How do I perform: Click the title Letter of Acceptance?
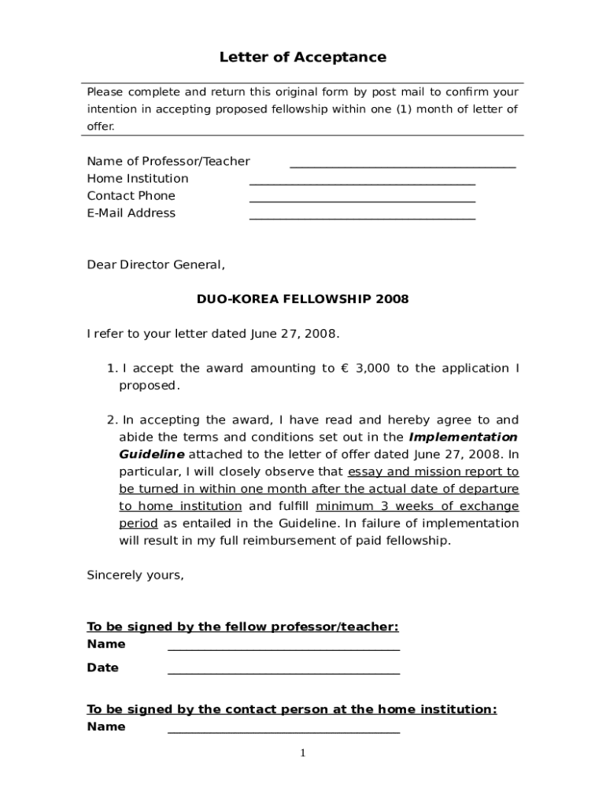302,57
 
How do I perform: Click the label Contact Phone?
131,196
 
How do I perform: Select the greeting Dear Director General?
155,265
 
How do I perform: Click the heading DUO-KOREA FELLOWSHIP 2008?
302,299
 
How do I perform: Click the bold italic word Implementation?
464,437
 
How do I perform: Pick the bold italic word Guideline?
152,454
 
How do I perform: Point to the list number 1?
111,368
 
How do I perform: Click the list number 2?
111,420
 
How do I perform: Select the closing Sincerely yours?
135,575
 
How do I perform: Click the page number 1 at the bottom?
303,754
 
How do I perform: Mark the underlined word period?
139,523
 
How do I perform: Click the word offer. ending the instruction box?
101,126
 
